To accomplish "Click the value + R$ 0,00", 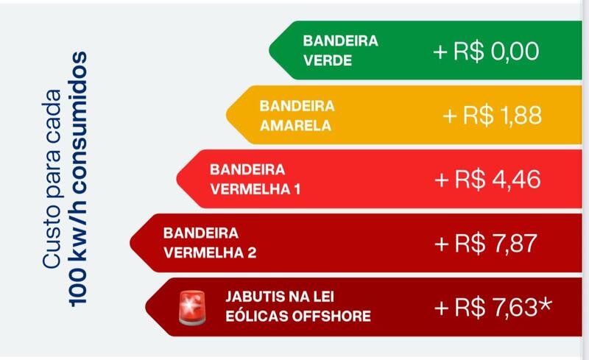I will pyautogui.click(x=486, y=52).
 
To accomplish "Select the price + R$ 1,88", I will pyautogui.click(x=492, y=116).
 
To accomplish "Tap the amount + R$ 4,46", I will pyautogui.click(x=488, y=179).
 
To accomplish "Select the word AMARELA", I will pyautogui.click(x=295, y=124).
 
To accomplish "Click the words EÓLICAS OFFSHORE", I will pyautogui.click(x=297, y=317).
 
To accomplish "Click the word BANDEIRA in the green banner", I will pyautogui.click(x=340, y=41).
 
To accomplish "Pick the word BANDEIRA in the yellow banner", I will pyautogui.click(x=297, y=105).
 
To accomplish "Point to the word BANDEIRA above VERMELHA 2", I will pyautogui.click(x=201, y=233).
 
